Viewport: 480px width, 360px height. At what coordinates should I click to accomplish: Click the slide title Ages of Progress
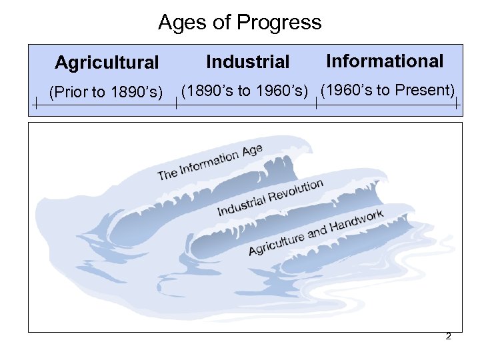click(239, 23)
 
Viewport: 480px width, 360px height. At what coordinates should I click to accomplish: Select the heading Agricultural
click(107, 63)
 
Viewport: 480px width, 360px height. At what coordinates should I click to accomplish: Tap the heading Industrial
click(248, 62)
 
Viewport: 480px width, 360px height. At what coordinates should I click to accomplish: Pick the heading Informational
click(385, 61)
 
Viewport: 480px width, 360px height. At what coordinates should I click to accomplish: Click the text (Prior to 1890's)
click(107, 92)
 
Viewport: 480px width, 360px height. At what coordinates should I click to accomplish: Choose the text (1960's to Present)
click(387, 90)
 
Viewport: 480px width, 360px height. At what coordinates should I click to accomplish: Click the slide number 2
click(448, 337)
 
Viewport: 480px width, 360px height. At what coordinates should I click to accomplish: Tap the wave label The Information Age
click(209, 162)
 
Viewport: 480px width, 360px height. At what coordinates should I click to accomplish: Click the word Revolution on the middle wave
click(295, 191)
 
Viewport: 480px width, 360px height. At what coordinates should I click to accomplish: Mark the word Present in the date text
click(426, 90)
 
